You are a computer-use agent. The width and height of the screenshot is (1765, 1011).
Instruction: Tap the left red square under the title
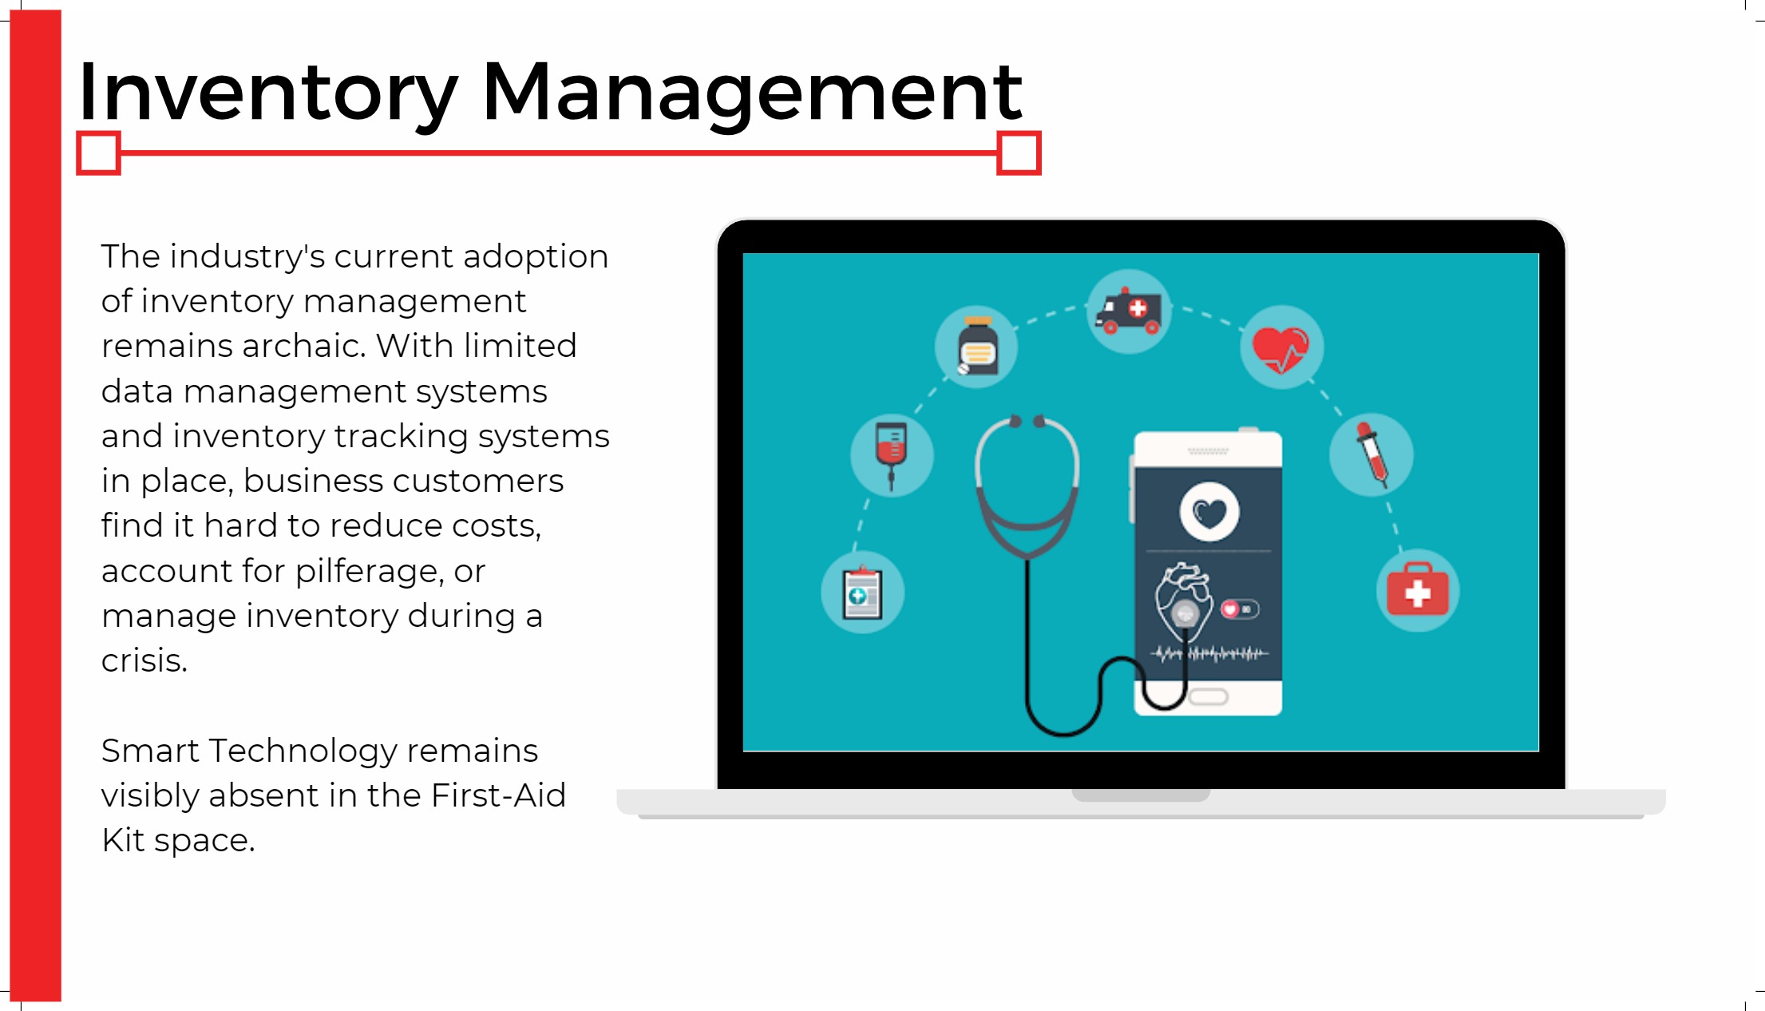(98, 153)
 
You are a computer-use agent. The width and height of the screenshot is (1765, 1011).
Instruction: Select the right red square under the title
(1019, 153)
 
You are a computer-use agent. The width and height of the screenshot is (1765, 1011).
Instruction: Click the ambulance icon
(1129, 311)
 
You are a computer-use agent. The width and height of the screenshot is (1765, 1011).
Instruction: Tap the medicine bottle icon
(976, 347)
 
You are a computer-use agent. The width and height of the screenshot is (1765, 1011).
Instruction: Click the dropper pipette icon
(1371, 454)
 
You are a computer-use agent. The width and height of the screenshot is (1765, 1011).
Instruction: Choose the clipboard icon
(862, 593)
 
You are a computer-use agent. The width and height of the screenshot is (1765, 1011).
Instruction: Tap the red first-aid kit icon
(1418, 591)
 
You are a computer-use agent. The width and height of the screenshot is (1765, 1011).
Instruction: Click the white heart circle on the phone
(1209, 512)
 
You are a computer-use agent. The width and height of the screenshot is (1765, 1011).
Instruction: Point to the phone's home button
(1209, 697)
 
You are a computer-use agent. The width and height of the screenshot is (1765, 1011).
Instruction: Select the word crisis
(144, 661)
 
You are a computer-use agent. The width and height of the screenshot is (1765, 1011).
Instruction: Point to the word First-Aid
(498, 795)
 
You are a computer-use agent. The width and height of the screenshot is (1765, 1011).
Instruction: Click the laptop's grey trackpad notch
(1141, 795)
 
